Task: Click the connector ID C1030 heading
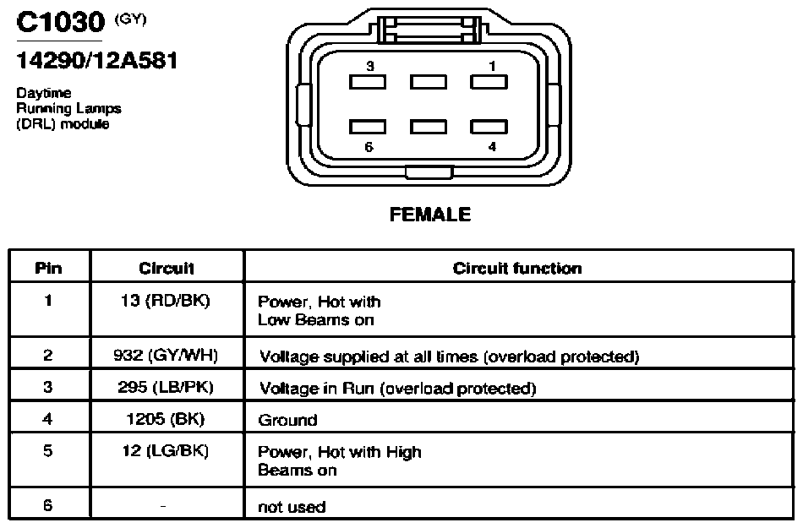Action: (x=60, y=22)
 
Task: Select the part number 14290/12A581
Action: (x=97, y=60)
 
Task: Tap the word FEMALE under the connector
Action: (x=430, y=215)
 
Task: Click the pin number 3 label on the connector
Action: (x=370, y=66)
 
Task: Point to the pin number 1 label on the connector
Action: (x=492, y=66)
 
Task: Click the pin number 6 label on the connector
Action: (x=369, y=147)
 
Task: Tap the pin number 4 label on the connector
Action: (x=492, y=147)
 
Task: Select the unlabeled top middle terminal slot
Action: (x=429, y=82)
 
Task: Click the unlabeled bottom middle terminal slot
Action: (x=429, y=127)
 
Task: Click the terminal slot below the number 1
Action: (x=489, y=82)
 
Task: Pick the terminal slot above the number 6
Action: (x=368, y=127)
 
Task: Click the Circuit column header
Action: (x=167, y=268)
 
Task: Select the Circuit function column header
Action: (x=517, y=268)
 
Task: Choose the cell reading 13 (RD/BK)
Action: (x=166, y=301)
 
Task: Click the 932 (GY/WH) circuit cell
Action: (x=166, y=355)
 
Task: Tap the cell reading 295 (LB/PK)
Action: (x=166, y=387)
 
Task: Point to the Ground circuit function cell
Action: (x=287, y=420)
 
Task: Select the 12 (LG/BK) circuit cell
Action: (x=166, y=451)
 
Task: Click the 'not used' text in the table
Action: (x=292, y=507)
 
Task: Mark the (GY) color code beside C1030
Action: (x=130, y=19)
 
